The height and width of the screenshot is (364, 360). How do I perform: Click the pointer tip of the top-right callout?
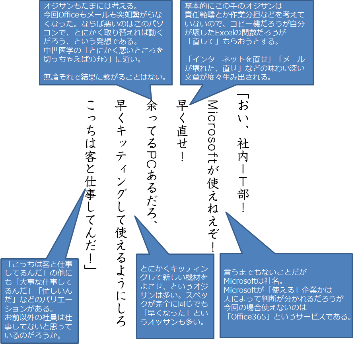pos(190,105)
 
